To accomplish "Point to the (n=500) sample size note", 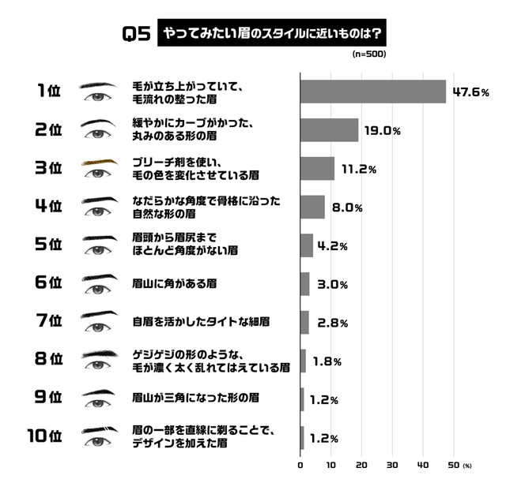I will (368, 54).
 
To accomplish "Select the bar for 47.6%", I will (373, 92).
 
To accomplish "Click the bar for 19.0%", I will (329, 130).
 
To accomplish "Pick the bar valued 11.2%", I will (317, 169).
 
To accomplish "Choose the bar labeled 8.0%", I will (312, 208).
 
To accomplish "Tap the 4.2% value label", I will (333, 245).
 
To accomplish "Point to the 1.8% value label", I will (327, 361).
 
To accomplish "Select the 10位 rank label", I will (44, 437).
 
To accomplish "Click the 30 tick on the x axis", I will (393, 465).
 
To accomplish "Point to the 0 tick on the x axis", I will (300, 465).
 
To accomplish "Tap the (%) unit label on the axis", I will (467, 465).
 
